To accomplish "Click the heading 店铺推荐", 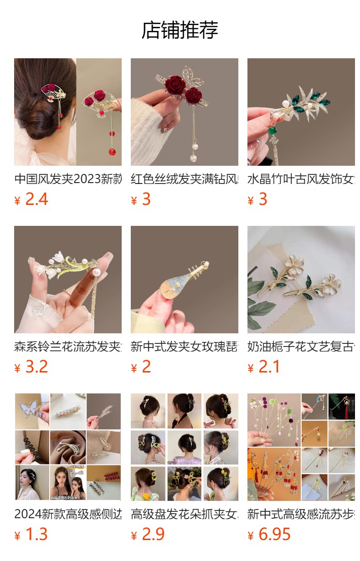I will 180,31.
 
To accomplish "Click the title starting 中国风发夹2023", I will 68,179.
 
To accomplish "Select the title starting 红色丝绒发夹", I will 184,179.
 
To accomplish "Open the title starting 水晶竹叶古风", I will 301,179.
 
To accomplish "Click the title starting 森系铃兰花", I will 68,347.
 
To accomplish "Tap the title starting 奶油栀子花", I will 301,347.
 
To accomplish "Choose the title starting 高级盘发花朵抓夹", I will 184,514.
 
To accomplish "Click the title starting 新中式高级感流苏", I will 301,514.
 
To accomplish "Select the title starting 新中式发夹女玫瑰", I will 184,347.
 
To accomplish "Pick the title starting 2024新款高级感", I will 68,514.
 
